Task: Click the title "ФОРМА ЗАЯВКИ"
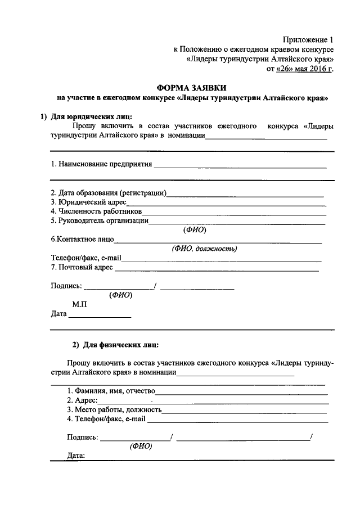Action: coord(192,87)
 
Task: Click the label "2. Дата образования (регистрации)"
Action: coord(108,193)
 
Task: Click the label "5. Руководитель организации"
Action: coord(99,220)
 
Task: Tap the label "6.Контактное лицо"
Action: coord(82,239)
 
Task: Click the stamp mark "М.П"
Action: coord(79,304)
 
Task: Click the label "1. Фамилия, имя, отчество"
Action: coord(111,390)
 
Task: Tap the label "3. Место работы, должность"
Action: coord(114,409)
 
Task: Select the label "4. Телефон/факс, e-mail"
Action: coord(106,418)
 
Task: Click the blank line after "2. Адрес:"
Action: coord(214,402)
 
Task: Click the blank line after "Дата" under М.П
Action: coord(100,316)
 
